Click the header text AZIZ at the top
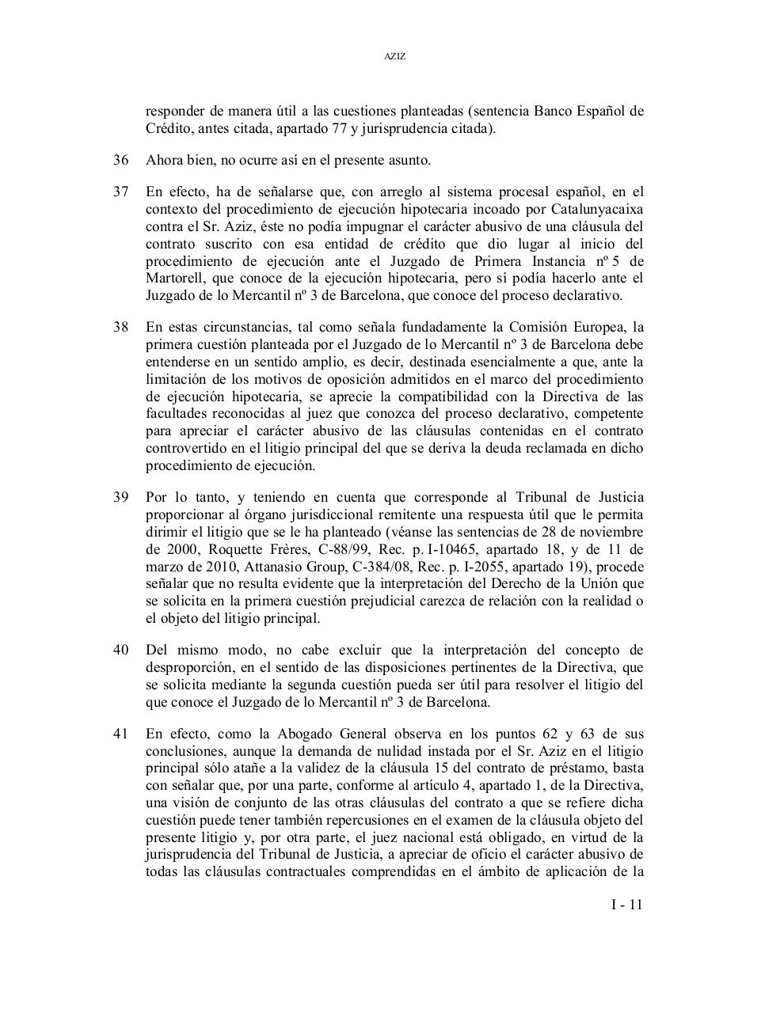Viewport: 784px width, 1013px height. point(394,57)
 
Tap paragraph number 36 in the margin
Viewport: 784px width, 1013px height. point(120,161)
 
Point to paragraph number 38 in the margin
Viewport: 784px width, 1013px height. point(120,327)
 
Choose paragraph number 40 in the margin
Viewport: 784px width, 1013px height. point(120,651)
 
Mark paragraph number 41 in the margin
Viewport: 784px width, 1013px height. point(120,733)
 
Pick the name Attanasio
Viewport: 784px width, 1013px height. point(275,567)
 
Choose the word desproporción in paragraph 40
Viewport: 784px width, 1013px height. point(187,668)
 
